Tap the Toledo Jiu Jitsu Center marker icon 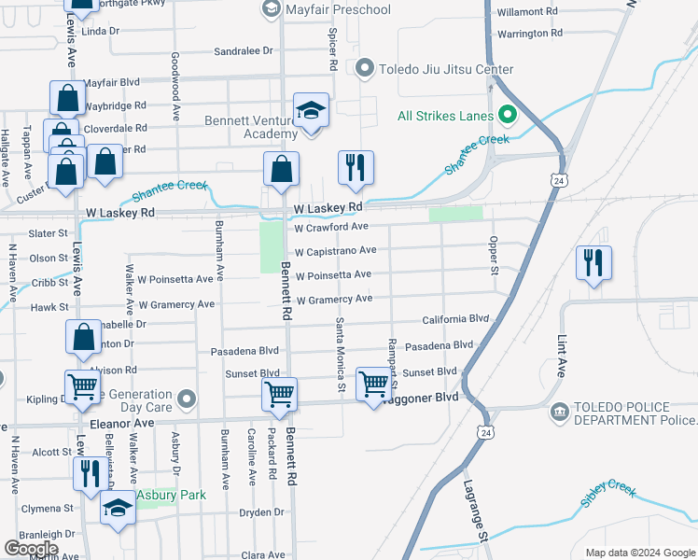pyautogui.click(x=365, y=69)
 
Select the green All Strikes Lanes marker pyautogui.click(x=508, y=116)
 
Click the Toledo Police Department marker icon pyautogui.click(x=560, y=412)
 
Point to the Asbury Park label pyautogui.click(x=171, y=495)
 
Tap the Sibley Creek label pyautogui.click(x=608, y=495)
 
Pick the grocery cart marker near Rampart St pyautogui.click(x=373, y=383)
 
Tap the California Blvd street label pyautogui.click(x=455, y=319)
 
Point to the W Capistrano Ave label pyautogui.click(x=335, y=251)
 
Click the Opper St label pyautogui.click(x=493, y=255)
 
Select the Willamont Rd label pyautogui.click(x=527, y=12)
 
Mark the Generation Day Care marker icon pyautogui.click(x=187, y=401)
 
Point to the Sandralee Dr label pyautogui.click(x=243, y=51)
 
